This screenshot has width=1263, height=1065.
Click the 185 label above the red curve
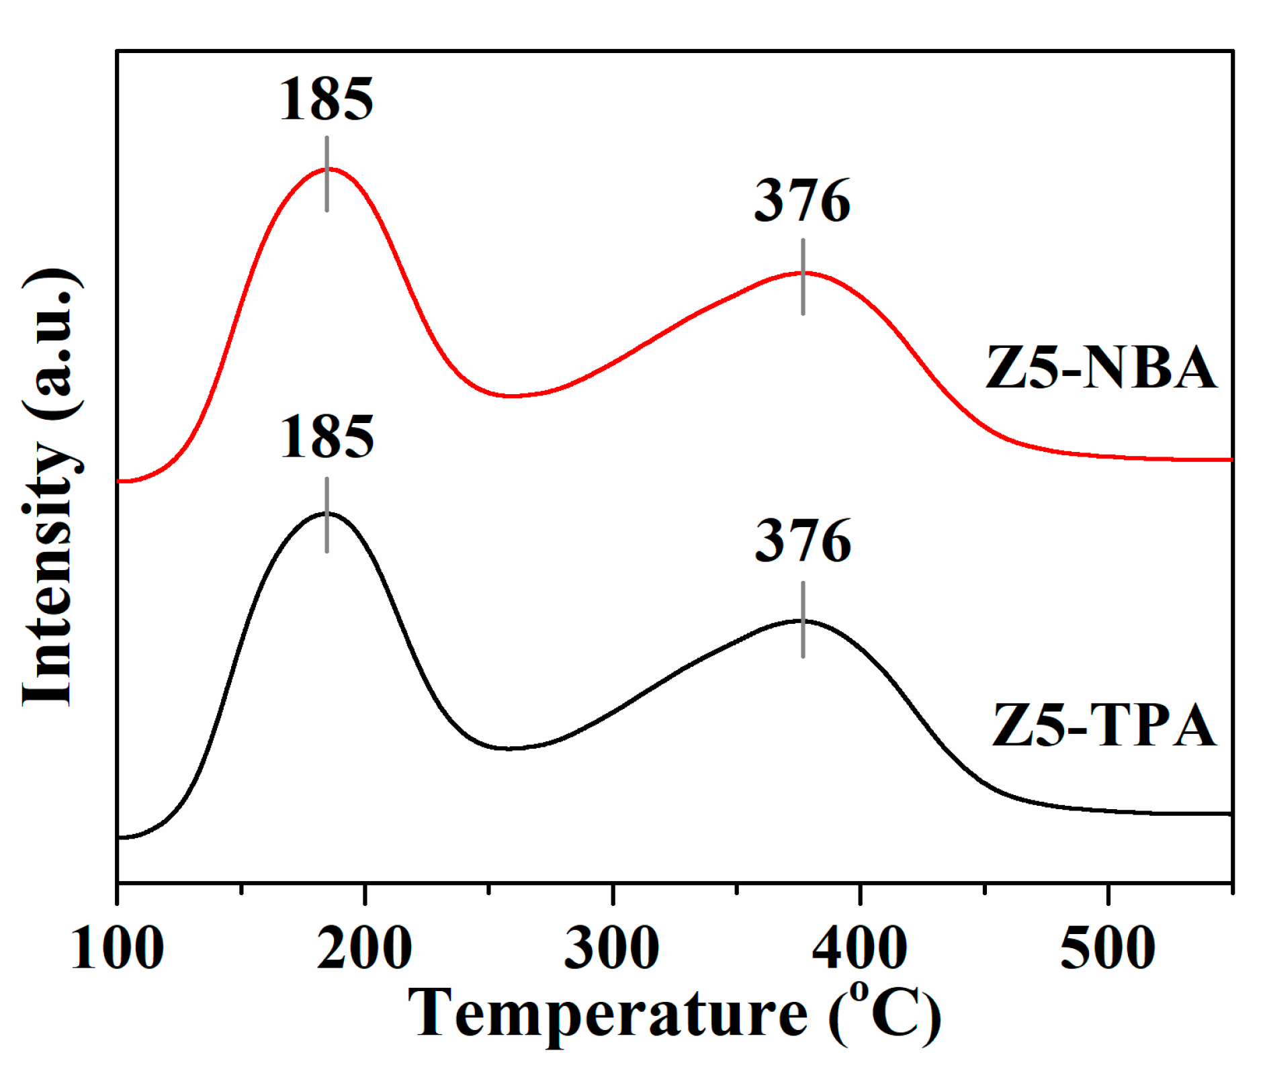coord(326,99)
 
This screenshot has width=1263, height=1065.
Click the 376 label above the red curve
coord(802,201)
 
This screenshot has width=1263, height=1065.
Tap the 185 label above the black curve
coord(326,437)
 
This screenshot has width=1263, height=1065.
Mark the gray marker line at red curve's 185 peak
coord(327,174)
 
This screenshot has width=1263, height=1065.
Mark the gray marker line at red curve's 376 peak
coord(803,276)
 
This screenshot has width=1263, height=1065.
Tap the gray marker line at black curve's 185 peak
coord(327,515)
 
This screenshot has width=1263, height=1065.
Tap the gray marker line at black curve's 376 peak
coord(803,619)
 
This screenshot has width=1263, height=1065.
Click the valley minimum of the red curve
coord(511,396)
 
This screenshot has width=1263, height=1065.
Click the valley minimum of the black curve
coord(509,748)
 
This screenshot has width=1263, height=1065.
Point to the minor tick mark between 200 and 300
coord(489,889)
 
